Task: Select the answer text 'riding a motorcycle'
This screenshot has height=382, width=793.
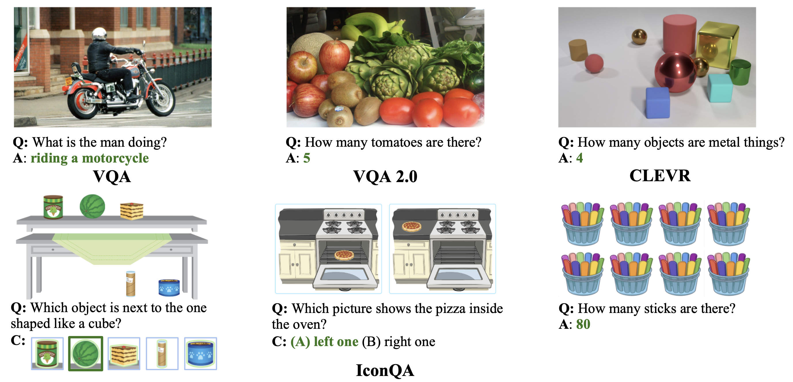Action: pyautogui.click(x=90, y=158)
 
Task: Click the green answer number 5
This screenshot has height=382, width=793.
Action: pyautogui.click(x=307, y=158)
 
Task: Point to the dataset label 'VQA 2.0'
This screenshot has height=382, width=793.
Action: pyautogui.click(x=385, y=177)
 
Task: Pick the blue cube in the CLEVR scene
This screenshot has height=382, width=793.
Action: pyautogui.click(x=658, y=103)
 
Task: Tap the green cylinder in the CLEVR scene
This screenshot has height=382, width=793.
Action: pyautogui.click(x=741, y=72)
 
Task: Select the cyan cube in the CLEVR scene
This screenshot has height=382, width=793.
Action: pyautogui.click(x=720, y=88)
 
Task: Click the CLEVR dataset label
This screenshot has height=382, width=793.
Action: pyautogui.click(x=660, y=176)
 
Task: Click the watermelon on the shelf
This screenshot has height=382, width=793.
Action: pyautogui.click(x=92, y=206)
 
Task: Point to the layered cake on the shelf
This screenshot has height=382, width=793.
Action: pyautogui.click(x=132, y=211)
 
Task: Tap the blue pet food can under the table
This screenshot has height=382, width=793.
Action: pyautogui.click(x=169, y=288)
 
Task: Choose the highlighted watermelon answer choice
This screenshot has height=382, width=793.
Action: pyautogui.click(x=86, y=354)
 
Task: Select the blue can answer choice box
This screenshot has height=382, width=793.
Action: pyautogui.click(x=200, y=354)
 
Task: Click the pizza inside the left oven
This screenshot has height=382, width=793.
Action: pyautogui.click(x=344, y=255)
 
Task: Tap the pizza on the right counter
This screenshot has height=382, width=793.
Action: pyautogui.click(x=411, y=227)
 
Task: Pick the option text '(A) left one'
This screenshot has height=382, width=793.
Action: pyautogui.click(x=325, y=342)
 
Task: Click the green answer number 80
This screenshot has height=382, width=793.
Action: pyautogui.click(x=583, y=324)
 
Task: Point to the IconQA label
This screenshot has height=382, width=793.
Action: pyautogui.click(x=385, y=370)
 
